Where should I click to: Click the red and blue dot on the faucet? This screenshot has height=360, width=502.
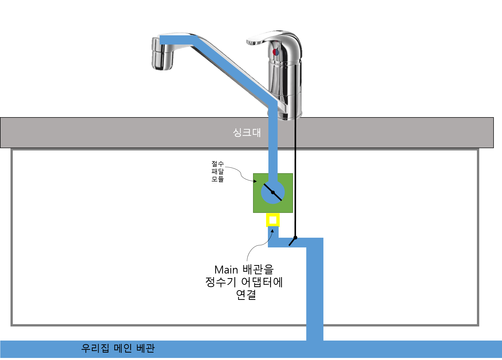(x=276, y=52)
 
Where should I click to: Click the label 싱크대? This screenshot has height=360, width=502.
(x=247, y=133)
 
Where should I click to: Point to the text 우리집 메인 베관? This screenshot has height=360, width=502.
(x=118, y=348)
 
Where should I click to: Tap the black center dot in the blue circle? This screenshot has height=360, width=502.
(x=273, y=192)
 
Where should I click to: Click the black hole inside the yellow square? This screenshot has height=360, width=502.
(x=273, y=220)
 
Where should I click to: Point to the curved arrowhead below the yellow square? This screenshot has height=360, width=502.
(x=272, y=231)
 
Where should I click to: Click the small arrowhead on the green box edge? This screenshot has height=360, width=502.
(x=255, y=181)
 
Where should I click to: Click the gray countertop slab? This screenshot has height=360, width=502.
(x=128, y=133)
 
